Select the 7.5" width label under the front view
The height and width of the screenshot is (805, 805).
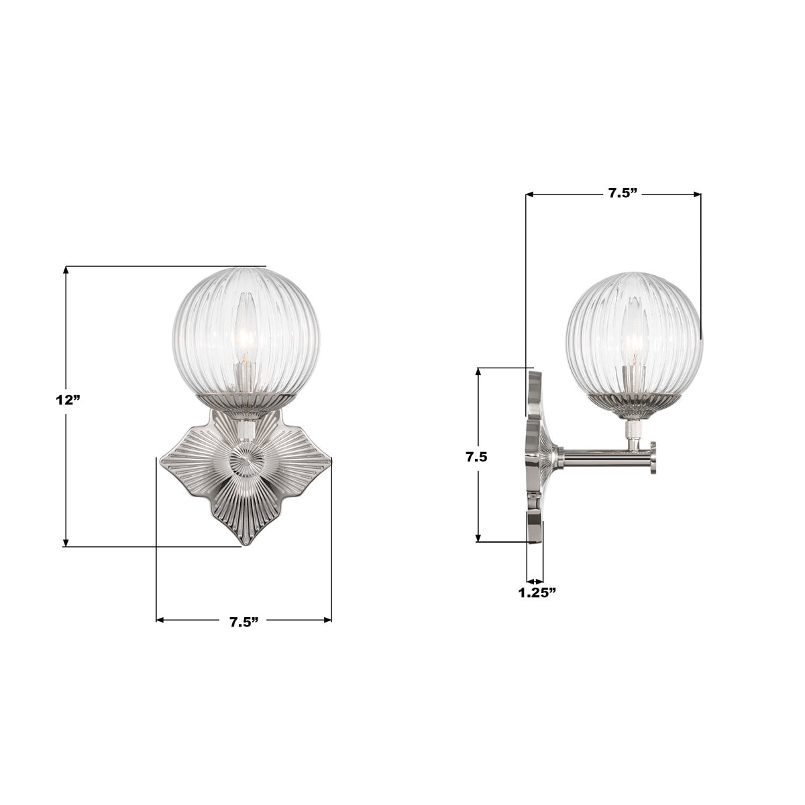click(x=244, y=622)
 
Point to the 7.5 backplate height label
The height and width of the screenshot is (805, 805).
click(x=476, y=458)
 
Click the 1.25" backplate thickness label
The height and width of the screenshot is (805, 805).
click(x=537, y=592)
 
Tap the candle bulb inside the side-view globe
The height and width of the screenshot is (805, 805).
click(x=634, y=342)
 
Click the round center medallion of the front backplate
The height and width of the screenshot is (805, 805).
click(x=242, y=463)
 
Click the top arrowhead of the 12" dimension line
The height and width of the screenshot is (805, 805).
click(x=66, y=270)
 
